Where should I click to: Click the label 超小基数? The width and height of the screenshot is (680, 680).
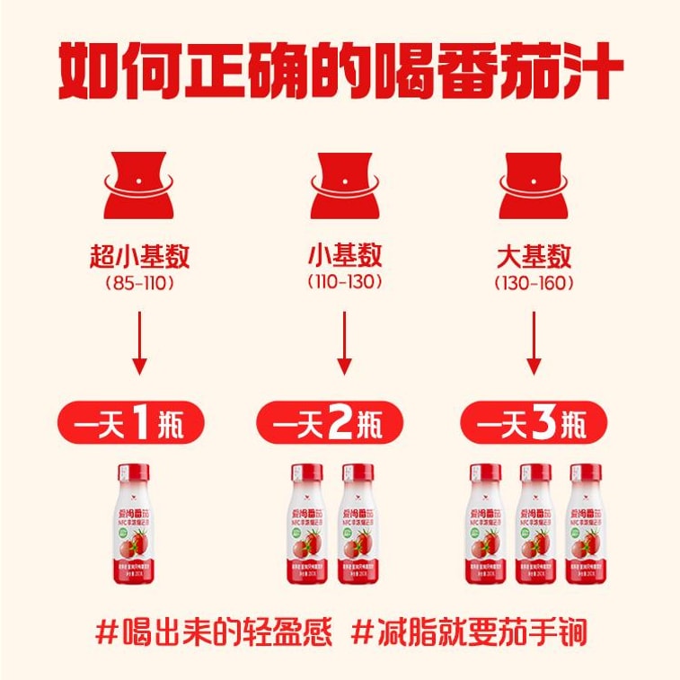click(x=138, y=256)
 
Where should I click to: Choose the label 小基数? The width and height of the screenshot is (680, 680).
click(x=344, y=256)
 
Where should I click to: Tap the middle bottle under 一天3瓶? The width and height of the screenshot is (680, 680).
click(x=535, y=525)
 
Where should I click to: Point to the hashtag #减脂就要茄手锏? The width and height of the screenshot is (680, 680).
click(x=469, y=631)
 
